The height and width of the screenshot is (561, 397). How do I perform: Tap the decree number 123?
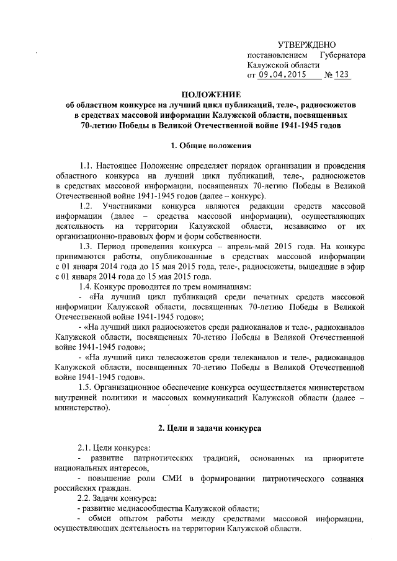pos(342,74)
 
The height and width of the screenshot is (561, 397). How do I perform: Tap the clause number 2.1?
pos(85,448)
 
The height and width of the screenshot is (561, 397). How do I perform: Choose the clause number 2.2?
pos(85,498)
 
